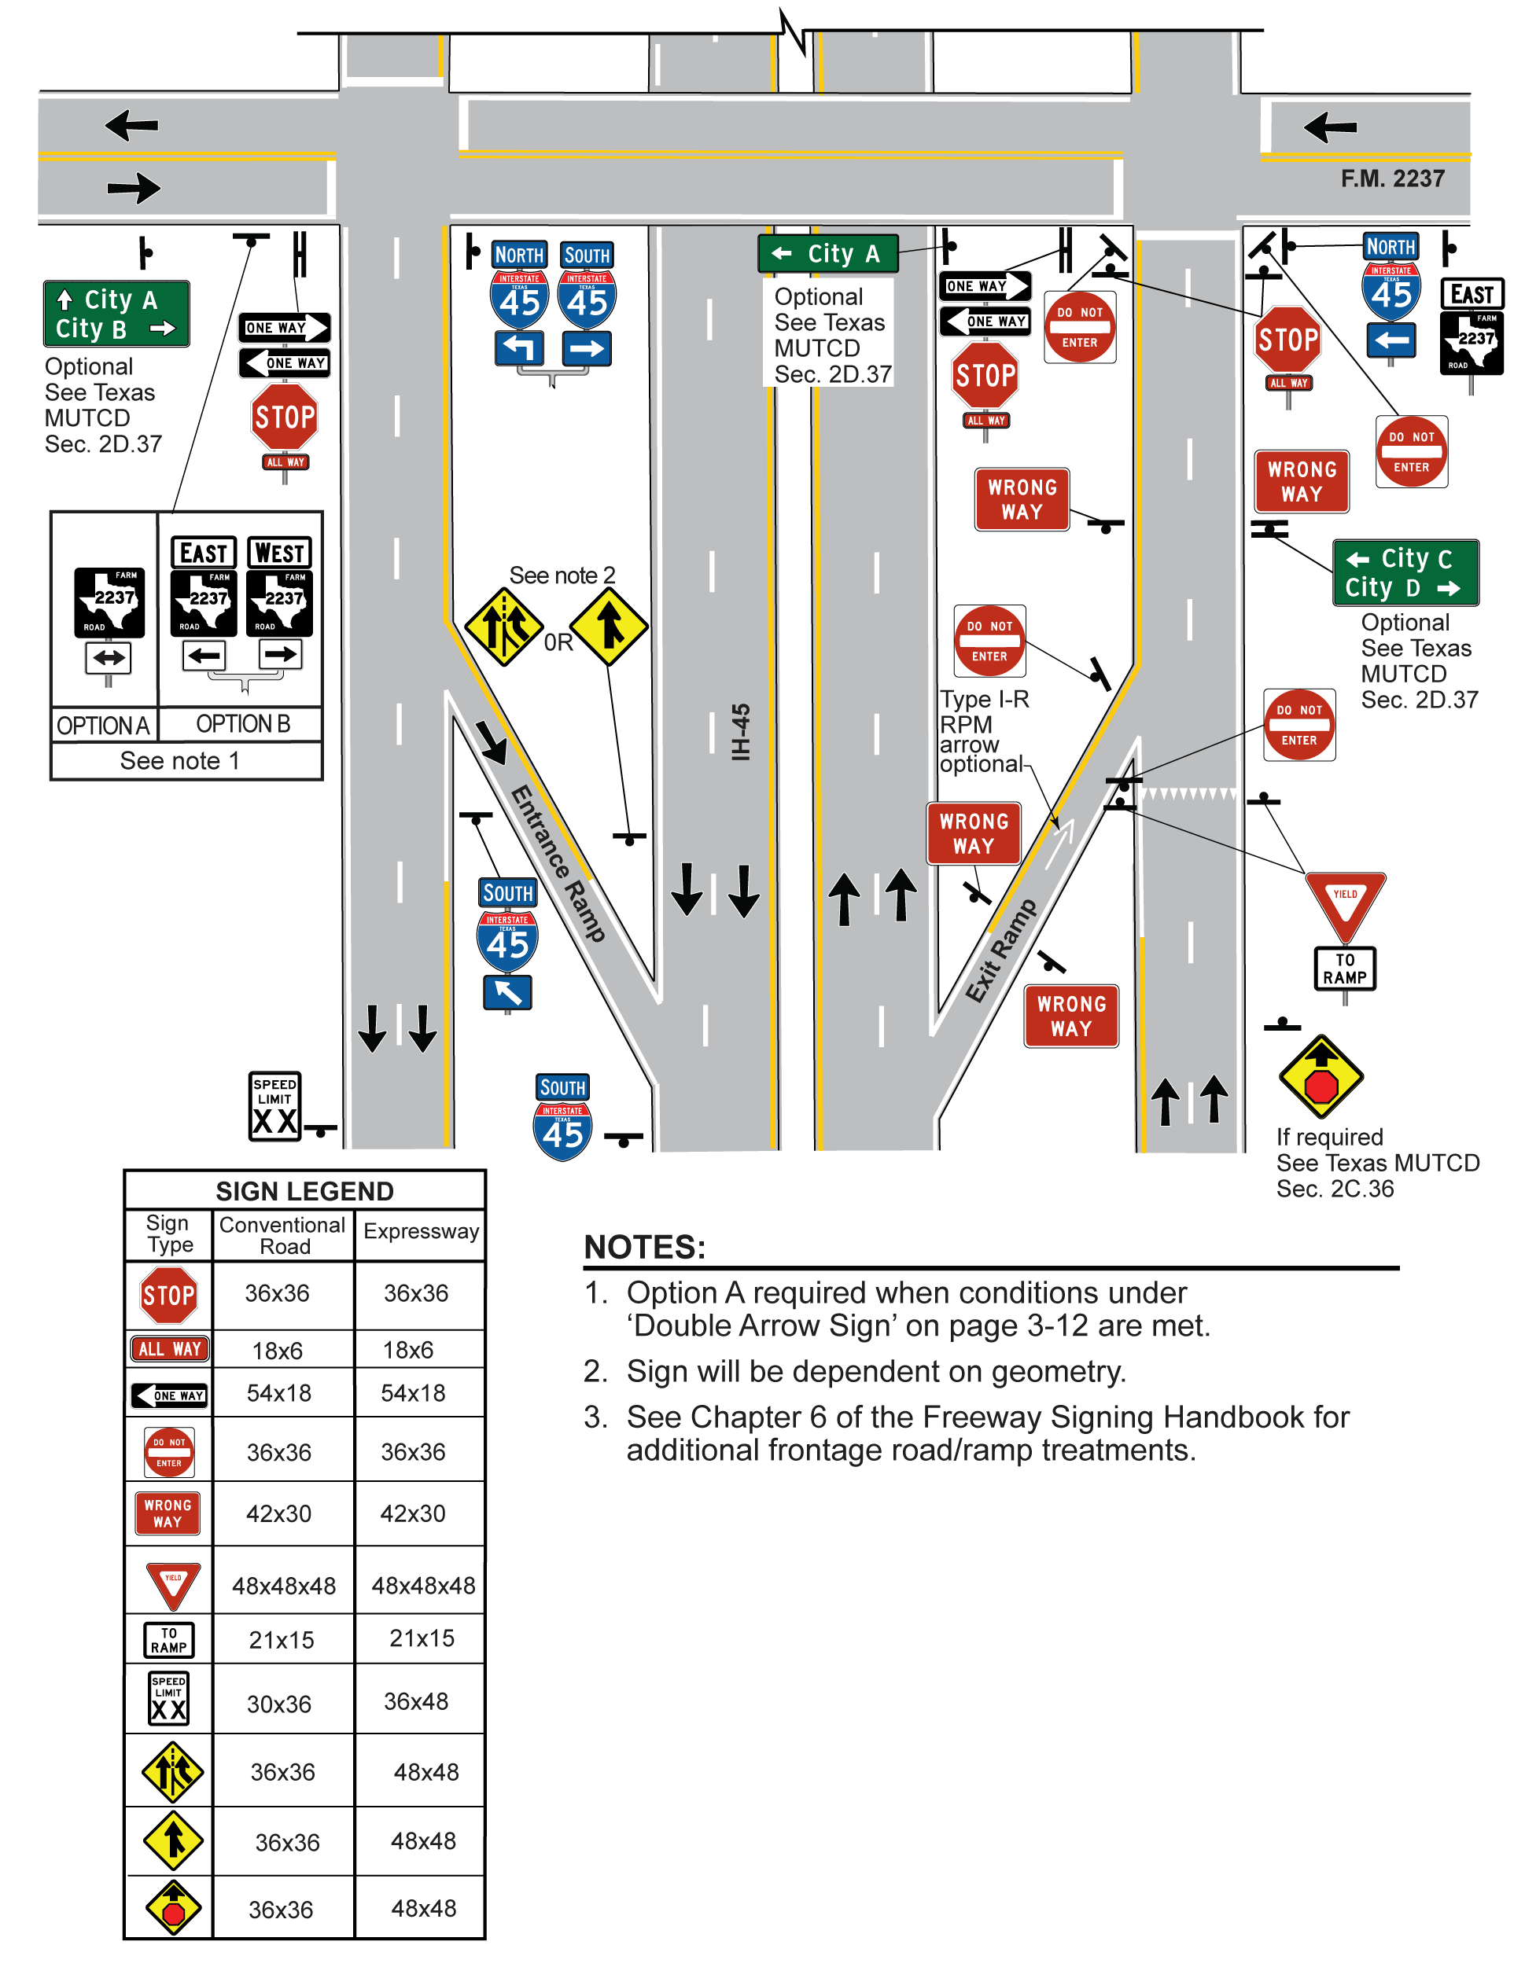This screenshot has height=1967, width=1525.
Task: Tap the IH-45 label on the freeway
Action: tap(740, 731)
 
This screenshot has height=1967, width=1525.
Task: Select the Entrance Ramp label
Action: tap(558, 862)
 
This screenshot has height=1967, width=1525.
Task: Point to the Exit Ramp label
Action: tap(1000, 950)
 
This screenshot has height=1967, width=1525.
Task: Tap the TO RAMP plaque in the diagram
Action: tap(1344, 969)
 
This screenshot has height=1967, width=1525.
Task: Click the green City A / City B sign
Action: tap(116, 314)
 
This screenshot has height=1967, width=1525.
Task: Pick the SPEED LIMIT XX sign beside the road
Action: tap(274, 1106)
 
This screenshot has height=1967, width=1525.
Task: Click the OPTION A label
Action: tap(103, 725)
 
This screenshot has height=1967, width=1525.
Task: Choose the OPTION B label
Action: tap(243, 724)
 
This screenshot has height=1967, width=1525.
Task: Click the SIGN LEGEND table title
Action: tap(304, 1192)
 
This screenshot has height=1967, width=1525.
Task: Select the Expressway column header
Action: tap(421, 1231)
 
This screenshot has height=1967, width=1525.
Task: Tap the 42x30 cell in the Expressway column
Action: tap(413, 1513)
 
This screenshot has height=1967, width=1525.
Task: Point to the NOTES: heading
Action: tap(644, 1248)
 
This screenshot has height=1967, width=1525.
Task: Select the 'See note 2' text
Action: tap(562, 575)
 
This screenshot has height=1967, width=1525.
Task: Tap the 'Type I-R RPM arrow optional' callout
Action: tap(982, 731)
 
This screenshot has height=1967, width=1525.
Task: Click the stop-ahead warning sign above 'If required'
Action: tap(1321, 1077)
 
